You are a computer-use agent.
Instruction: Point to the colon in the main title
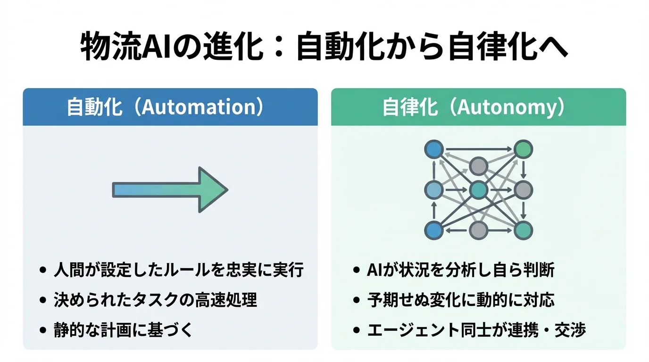click(278, 49)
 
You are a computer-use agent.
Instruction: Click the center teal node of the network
click(478, 190)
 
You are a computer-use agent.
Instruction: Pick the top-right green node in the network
click(523, 149)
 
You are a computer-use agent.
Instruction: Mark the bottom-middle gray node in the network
click(478, 230)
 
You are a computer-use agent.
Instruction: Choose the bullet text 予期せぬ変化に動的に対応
click(460, 300)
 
